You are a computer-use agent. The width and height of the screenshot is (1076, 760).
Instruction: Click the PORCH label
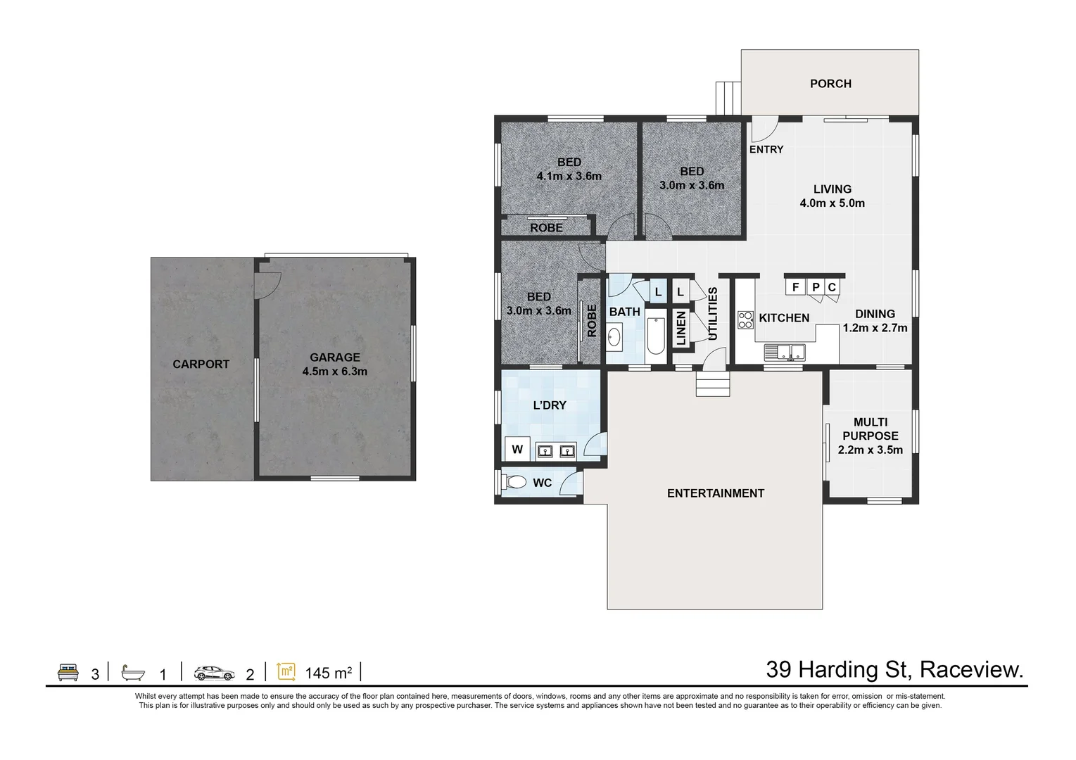point(830,84)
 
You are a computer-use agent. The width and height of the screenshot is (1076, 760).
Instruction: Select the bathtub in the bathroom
point(655,336)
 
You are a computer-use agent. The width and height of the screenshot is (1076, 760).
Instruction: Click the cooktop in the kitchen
point(745,320)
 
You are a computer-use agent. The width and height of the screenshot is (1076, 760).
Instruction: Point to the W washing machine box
point(517,449)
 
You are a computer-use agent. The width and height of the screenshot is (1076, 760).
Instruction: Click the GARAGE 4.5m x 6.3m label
point(335,365)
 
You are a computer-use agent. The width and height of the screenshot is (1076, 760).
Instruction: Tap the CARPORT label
point(201,365)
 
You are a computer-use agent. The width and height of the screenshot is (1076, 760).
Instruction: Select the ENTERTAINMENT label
point(715,493)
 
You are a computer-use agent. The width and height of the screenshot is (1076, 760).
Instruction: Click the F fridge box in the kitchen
point(795,287)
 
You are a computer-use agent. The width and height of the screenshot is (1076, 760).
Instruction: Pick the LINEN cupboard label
point(681,329)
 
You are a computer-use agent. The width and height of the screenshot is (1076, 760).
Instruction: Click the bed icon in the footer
point(68,672)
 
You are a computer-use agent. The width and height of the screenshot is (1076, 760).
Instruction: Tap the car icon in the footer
point(215,673)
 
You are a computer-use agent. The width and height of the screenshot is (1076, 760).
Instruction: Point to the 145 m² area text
point(328,673)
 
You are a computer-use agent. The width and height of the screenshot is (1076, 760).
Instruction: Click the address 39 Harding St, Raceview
point(894,669)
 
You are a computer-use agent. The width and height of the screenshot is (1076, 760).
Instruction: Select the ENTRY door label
point(766,149)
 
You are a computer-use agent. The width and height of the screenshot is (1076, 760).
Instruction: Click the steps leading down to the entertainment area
point(713,385)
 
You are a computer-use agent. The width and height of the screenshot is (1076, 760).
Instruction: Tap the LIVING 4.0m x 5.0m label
point(832,196)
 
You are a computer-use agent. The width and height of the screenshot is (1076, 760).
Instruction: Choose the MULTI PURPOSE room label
point(870,436)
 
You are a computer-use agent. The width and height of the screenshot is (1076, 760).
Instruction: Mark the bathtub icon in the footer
point(133,673)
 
